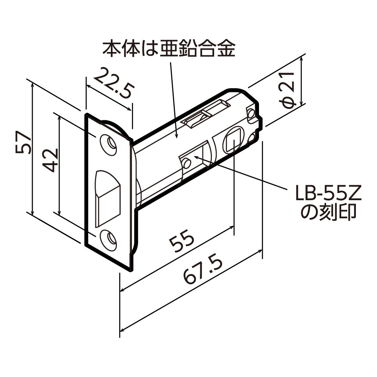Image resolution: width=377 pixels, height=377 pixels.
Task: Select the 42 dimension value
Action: click(50, 160)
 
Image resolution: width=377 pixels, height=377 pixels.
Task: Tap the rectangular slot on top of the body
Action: click(206, 113)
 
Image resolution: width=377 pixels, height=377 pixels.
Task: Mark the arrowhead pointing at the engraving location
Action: click(196, 155)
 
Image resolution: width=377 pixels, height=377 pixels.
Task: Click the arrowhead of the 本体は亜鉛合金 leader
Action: click(176, 134)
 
